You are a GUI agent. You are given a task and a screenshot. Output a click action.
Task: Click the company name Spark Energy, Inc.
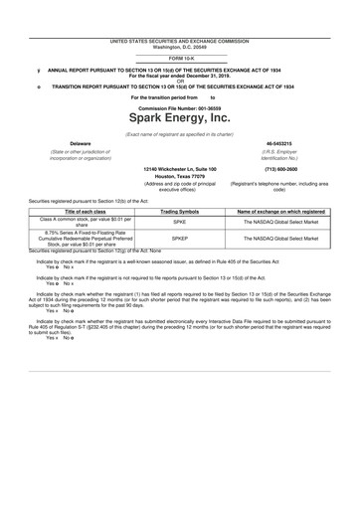pos(179,118)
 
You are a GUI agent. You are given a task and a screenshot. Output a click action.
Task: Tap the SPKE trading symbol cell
pos(180,224)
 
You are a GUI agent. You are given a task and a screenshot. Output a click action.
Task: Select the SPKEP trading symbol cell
pos(180,240)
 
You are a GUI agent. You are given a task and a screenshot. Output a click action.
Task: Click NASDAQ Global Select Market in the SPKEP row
pos(283,240)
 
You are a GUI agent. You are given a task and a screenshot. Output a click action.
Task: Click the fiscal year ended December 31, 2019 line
pos(179,76)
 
